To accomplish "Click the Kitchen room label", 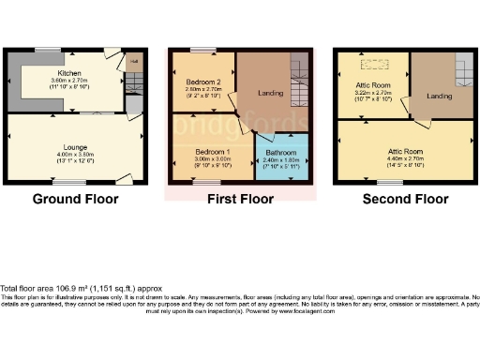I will point(69,72).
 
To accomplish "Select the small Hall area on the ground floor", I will point(134,65).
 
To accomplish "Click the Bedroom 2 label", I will point(202,82).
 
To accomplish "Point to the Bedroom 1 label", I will point(212,151).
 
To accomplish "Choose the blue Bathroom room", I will point(281,157).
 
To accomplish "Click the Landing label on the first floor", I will point(270,93).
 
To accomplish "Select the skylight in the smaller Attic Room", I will point(378,66).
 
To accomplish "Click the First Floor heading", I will point(238,199).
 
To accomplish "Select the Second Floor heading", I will point(405,199).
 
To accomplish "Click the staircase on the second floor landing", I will point(463,71).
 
